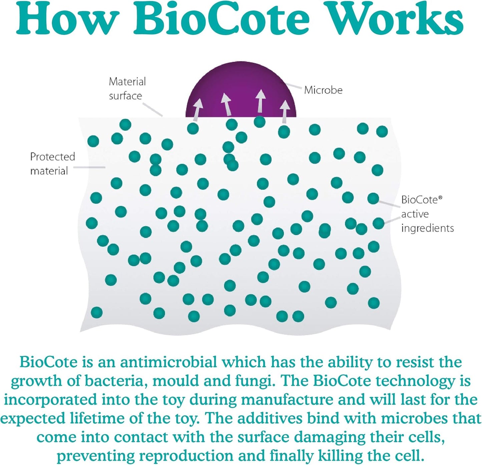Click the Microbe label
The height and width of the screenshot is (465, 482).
tap(323, 90)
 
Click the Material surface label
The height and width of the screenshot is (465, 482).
tap(127, 89)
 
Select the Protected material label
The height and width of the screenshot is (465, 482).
tap(52, 164)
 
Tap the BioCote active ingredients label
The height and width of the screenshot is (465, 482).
tap(427, 214)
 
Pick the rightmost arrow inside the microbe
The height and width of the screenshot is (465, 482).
tap(285, 110)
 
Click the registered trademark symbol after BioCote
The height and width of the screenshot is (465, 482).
tap(440, 197)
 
